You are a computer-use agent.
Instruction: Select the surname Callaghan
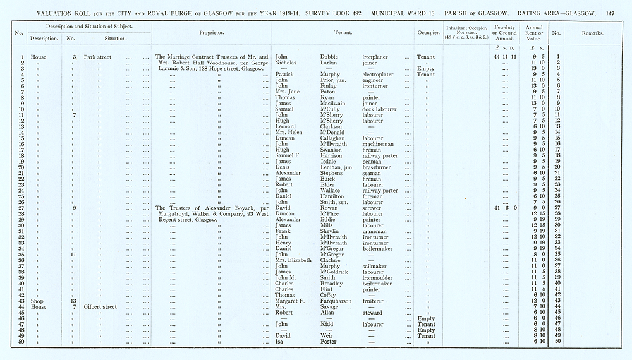(x=336, y=138)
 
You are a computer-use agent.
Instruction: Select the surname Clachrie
(x=334, y=260)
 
